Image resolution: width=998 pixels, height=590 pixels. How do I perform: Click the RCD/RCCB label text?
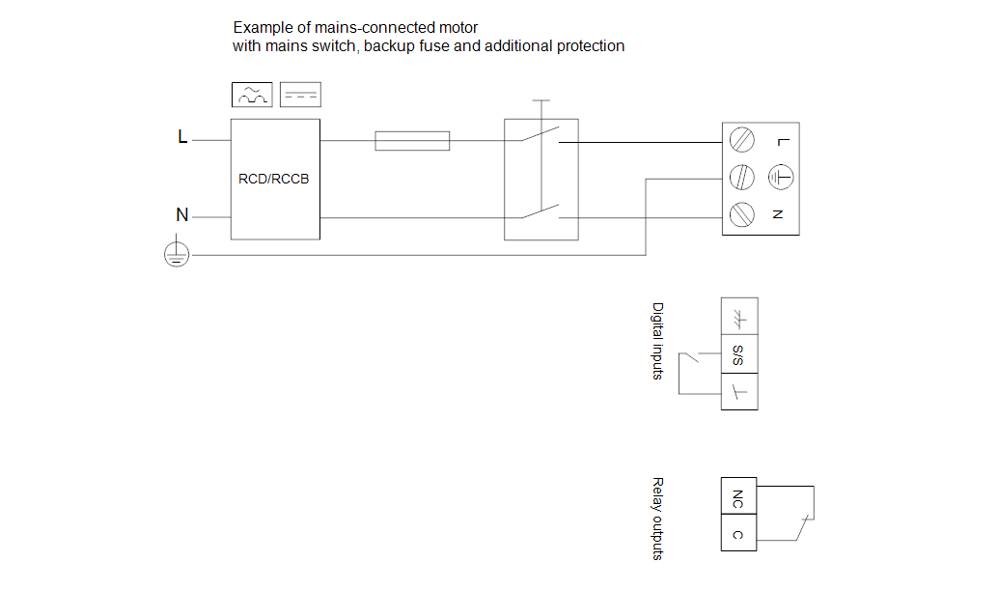point(274,179)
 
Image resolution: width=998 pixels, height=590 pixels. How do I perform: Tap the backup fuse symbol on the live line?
point(412,141)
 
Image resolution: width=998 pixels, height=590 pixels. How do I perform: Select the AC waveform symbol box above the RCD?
point(253,95)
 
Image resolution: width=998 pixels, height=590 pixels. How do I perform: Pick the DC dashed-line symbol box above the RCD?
point(300,95)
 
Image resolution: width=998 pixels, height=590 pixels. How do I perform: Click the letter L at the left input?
point(182,137)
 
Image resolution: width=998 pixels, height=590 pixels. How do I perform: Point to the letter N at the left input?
point(181,215)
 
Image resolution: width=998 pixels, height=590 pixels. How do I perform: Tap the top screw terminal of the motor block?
point(741,141)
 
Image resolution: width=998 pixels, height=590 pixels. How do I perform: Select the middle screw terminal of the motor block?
point(741,178)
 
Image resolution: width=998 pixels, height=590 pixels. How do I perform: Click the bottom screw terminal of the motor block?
point(741,213)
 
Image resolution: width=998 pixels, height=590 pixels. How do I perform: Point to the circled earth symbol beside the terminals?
point(781,178)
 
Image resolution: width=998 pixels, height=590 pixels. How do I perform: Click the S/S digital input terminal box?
point(738,354)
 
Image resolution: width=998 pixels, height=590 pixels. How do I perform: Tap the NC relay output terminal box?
point(738,498)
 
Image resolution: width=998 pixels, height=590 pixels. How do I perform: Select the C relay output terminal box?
point(738,533)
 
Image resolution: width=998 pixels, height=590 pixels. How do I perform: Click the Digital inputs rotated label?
point(658,341)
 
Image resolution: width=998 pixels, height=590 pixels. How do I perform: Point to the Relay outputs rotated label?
point(658,519)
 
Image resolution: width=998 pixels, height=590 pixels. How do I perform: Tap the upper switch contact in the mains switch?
point(541,135)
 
